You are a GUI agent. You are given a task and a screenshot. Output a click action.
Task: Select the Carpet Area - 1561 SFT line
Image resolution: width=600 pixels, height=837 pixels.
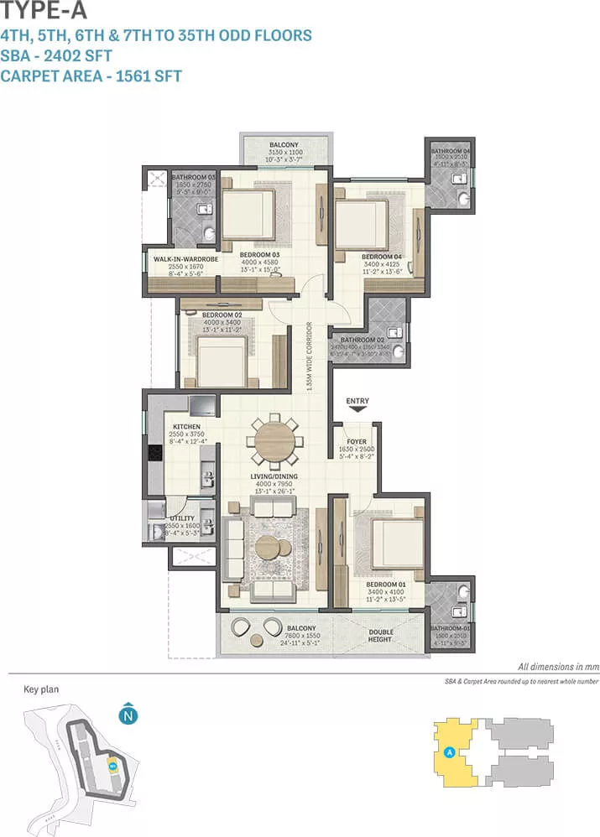pos(91,75)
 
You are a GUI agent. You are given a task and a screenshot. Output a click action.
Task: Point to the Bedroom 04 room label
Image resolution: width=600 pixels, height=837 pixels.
pos(382,257)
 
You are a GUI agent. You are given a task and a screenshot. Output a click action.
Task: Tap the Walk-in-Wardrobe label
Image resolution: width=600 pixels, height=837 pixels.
pos(185,259)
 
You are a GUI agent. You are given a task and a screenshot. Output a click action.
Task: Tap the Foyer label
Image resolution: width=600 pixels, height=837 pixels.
pos(357,440)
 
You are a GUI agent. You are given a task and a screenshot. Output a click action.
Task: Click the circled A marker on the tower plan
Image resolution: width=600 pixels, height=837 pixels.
pos(451,751)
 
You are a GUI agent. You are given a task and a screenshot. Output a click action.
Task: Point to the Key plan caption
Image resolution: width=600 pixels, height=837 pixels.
pos(41,689)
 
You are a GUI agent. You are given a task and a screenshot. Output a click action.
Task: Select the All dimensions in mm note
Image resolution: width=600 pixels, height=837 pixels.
pos(558,666)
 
